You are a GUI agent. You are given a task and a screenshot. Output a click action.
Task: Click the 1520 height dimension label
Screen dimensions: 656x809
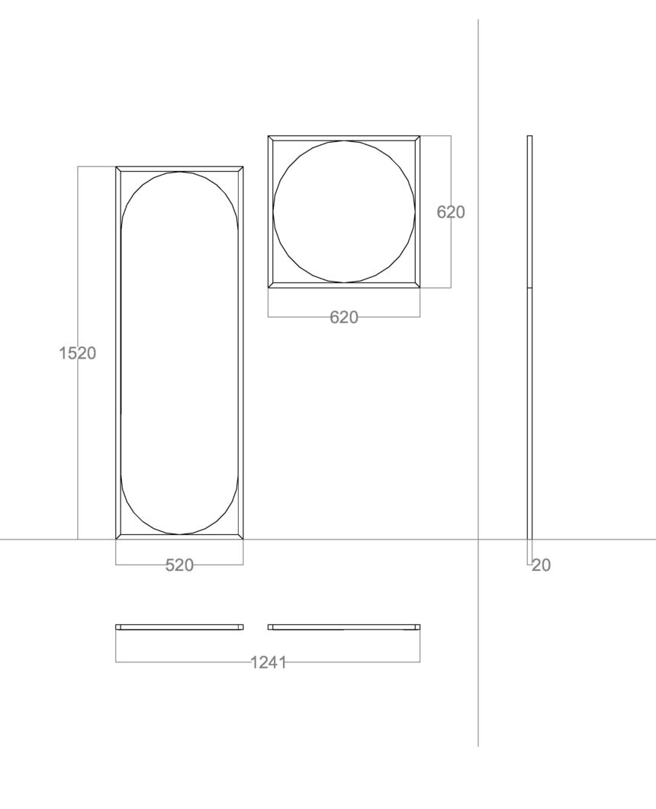[77, 353]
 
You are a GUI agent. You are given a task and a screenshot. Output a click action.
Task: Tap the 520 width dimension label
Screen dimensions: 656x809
[179, 566]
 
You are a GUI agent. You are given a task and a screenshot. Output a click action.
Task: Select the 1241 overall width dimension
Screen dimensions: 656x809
[269, 662]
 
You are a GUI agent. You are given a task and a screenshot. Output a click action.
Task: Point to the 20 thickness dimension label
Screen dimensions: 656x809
[541, 566]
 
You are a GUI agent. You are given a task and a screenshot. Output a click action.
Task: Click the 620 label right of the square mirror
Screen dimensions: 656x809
[451, 212]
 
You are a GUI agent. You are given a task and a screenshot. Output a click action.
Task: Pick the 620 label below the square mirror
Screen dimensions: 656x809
[343, 317]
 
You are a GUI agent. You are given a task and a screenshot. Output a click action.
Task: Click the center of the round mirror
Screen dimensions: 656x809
[344, 211]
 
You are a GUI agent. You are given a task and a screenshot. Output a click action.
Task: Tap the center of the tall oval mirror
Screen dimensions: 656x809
[179, 353]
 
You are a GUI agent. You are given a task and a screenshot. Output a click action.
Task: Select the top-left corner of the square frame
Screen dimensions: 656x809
[269, 136]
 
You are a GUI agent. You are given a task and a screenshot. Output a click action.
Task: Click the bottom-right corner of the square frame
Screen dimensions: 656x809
[420, 288]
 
